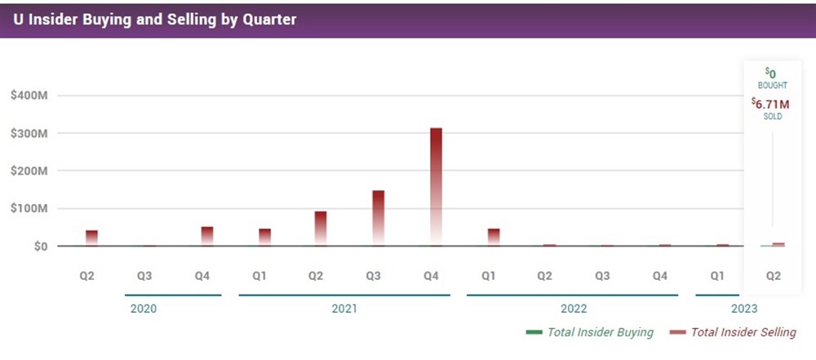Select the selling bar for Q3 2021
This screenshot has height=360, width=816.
tap(379, 217)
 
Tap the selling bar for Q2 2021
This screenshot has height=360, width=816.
tap(321, 228)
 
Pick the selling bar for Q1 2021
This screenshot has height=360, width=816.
tap(264, 237)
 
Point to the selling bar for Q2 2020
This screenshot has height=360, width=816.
tap(91, 238)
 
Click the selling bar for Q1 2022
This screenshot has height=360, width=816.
tap(493, 237)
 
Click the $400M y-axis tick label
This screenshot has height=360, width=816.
tap(30, 96)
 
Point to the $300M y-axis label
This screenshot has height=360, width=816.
tap(30, 133)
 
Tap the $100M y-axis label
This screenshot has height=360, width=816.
tap(30, 208)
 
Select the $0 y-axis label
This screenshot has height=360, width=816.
tap(38, 246)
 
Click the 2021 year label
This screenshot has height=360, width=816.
tap(344, 309)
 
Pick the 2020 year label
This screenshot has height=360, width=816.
tap(144, 309)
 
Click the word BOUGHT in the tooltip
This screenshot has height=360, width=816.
tap(771, 85)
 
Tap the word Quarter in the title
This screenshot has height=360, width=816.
tap(269, 18)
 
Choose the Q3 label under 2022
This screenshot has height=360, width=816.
tap(602, 276)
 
